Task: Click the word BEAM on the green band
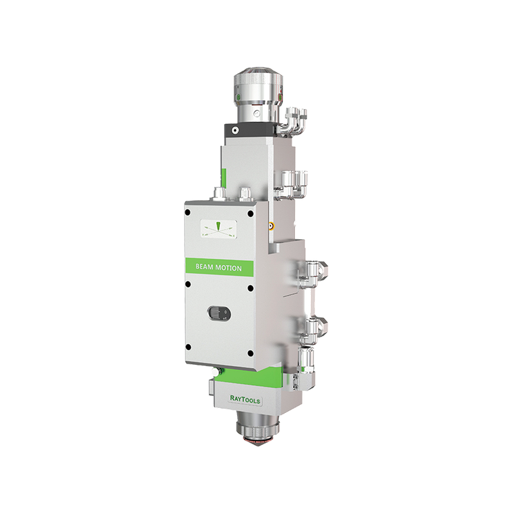205,268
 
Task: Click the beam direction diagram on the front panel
217,228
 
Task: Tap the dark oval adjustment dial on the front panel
218,312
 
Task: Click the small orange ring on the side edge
272,226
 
